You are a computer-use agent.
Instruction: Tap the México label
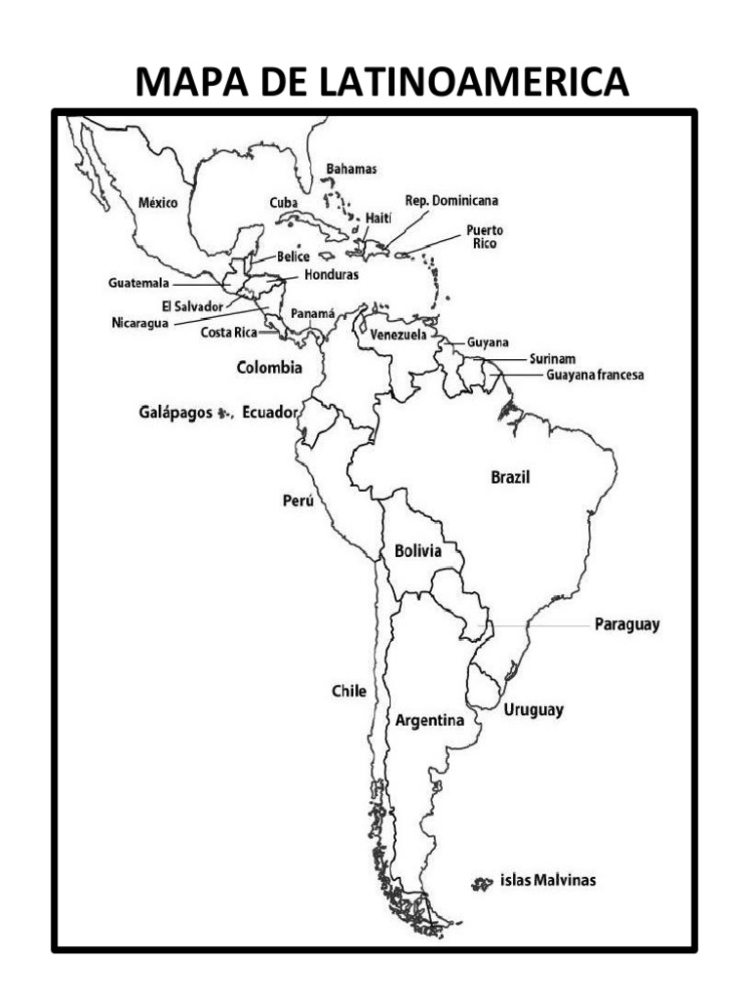click(157, 203)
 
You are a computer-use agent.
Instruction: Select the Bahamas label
click(351, 169)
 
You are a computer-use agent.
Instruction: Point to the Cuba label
click(283, 202)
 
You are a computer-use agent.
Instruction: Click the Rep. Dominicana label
click(452, 200)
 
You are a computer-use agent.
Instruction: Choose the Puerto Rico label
click(485, 236)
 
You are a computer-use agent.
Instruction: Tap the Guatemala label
click(138, 283)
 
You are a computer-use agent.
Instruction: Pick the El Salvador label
click(192, 305)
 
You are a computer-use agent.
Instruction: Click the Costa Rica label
click(228, 333)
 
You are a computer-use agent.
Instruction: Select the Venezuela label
click(398, 335)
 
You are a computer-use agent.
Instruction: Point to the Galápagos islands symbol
click(224, 414)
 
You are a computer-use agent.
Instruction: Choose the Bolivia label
click(417, 551)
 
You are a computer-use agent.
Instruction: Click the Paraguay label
click(627, 624)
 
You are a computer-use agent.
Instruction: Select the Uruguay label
click(533, 710)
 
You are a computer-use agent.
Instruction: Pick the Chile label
click(348, 691)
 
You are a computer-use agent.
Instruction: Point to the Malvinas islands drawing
click(481, 883)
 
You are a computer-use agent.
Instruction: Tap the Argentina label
click(428, 721)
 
